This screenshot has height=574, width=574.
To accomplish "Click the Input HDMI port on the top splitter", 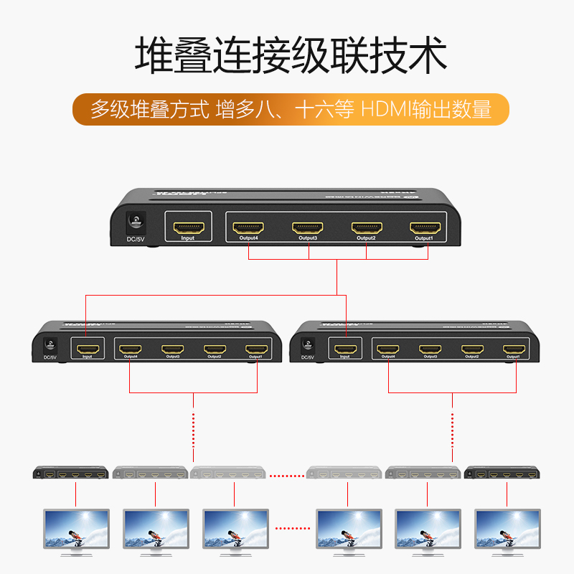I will [188, 228].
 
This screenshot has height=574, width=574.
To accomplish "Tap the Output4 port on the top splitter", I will [248, 228].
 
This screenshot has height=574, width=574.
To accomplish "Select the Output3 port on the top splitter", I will [307, 228].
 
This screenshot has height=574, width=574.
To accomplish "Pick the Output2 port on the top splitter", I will [366, 228].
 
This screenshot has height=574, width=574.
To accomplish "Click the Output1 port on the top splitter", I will [425, 228].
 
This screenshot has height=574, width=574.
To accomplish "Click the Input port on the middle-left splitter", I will [87, 349].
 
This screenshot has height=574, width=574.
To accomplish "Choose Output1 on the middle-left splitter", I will [255, 349].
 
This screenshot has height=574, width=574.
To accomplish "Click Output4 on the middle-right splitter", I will [389, 349].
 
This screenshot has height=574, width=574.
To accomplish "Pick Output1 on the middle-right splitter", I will [512, 349].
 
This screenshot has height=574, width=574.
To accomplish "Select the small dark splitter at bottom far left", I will [71, 473].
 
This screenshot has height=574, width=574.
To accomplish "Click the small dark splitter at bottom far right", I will [502, 473].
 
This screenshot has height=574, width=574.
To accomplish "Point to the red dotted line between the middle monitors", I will [295, 529].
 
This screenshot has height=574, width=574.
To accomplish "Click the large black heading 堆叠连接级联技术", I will [291, 55].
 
